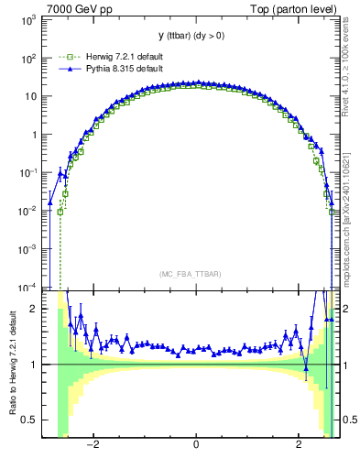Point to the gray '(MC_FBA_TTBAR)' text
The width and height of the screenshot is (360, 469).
[196, 274]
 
